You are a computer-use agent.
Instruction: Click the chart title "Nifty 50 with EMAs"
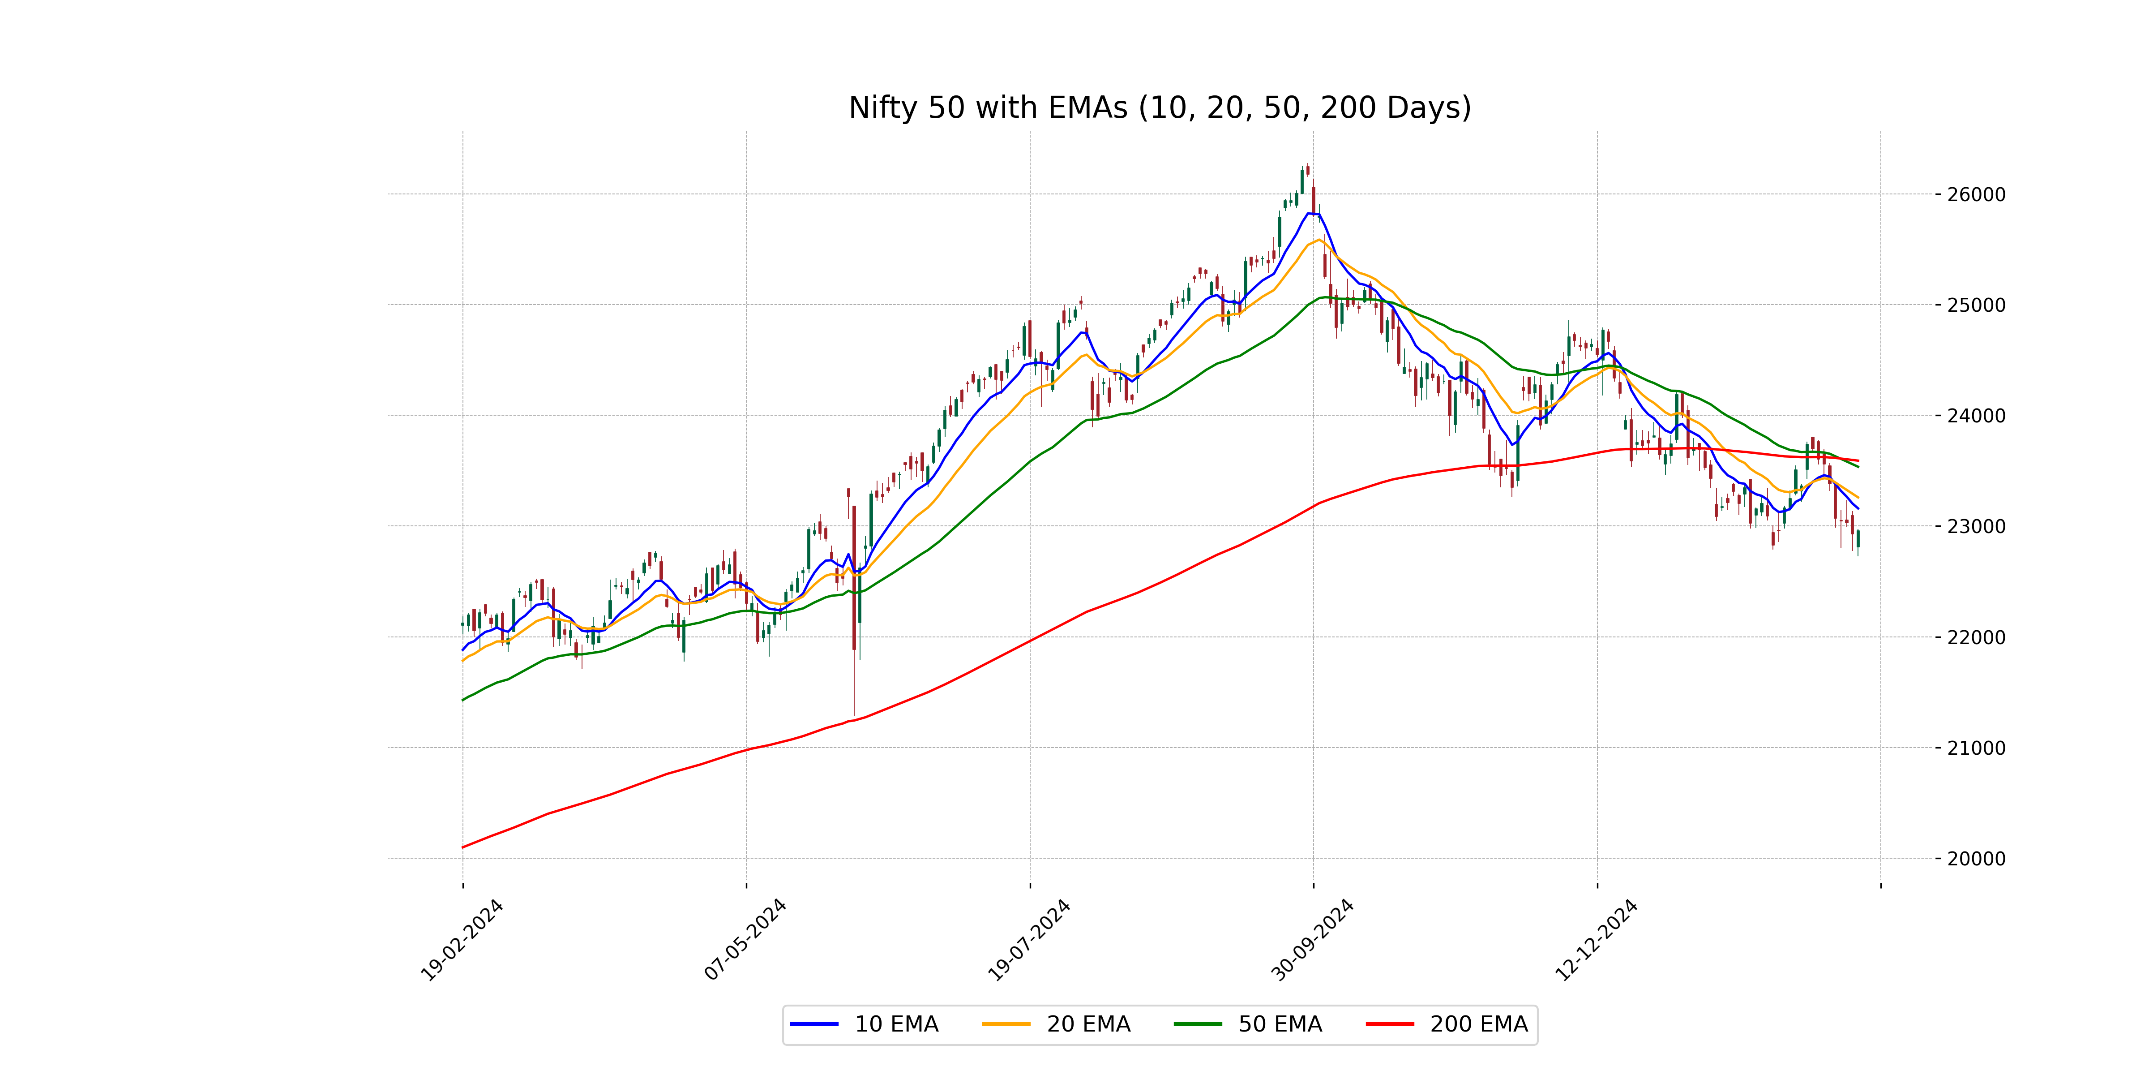[x=1160, y=107]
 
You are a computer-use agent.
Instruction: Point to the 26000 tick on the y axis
[x=1975, y=194]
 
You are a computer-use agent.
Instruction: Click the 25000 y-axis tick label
[x=1975, y=305]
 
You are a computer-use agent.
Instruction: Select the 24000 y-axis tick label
[x=1975, y=416]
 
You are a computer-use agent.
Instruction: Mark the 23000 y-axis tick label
[x=1975, y=527]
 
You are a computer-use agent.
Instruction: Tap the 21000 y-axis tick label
[x=1975, y=748]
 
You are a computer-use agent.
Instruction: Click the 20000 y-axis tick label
[x=1975, y=859]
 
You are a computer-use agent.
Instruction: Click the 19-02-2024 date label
[x=461, y=941]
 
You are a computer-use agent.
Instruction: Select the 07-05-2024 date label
[x=745, y=941]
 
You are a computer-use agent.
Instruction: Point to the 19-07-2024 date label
[x=1029, y=941]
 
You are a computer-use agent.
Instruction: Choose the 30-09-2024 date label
[x=1312, y=941]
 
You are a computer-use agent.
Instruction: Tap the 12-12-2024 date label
[x=1596, y=941]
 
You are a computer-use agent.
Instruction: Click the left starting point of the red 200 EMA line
[x=463, y=847]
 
